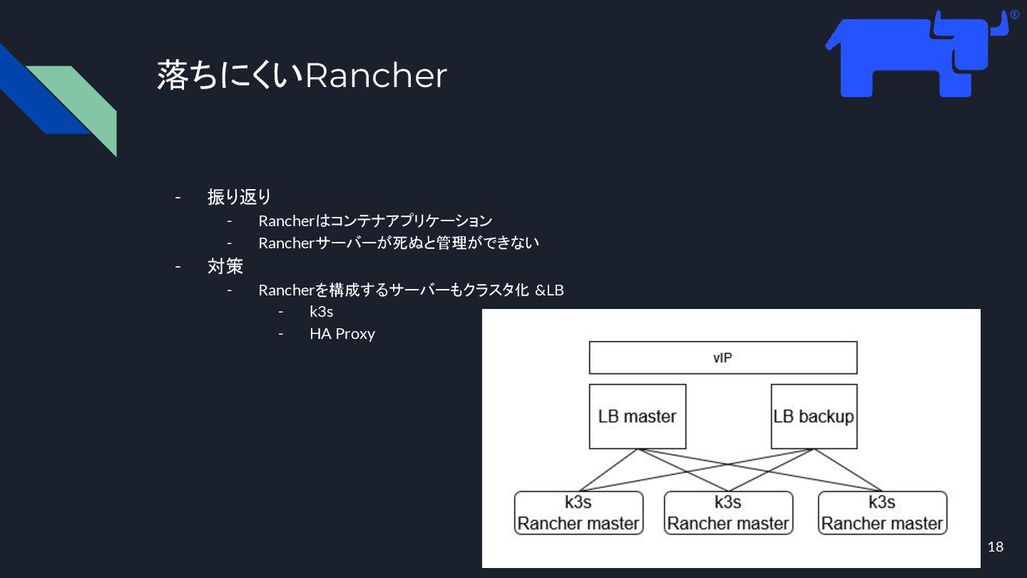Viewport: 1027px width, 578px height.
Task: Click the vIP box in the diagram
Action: click(722, 358)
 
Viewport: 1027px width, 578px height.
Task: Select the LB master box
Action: click(637, 416)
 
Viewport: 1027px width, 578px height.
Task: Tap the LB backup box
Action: click(814, 416)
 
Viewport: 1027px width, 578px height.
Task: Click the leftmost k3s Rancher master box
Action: click(578, 512)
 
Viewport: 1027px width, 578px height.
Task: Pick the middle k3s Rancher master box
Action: click(728, 512)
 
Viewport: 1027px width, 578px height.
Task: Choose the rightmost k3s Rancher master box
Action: click(882, 512)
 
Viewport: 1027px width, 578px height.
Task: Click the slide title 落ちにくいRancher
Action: click(302, 75)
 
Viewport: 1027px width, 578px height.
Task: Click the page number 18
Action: click(995, 547)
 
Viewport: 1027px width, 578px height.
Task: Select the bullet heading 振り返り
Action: click(239, 196)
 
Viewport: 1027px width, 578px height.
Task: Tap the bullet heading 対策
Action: click(225, 267)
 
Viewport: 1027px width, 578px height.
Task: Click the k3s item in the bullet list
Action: click(321, 312)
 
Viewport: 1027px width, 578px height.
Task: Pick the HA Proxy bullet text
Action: click(342, 334)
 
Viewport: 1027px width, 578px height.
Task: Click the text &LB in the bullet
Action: click(549, 290)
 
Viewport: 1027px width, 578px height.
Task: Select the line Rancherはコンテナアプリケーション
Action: click(375, 221)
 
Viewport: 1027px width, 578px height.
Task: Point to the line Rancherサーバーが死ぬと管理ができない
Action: click(399, 243)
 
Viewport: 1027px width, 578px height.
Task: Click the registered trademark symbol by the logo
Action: click(1014, 15)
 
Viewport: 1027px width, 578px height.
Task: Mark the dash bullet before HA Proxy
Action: click(281, 334)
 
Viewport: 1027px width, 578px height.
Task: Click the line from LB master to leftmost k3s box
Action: click(606, 472)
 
